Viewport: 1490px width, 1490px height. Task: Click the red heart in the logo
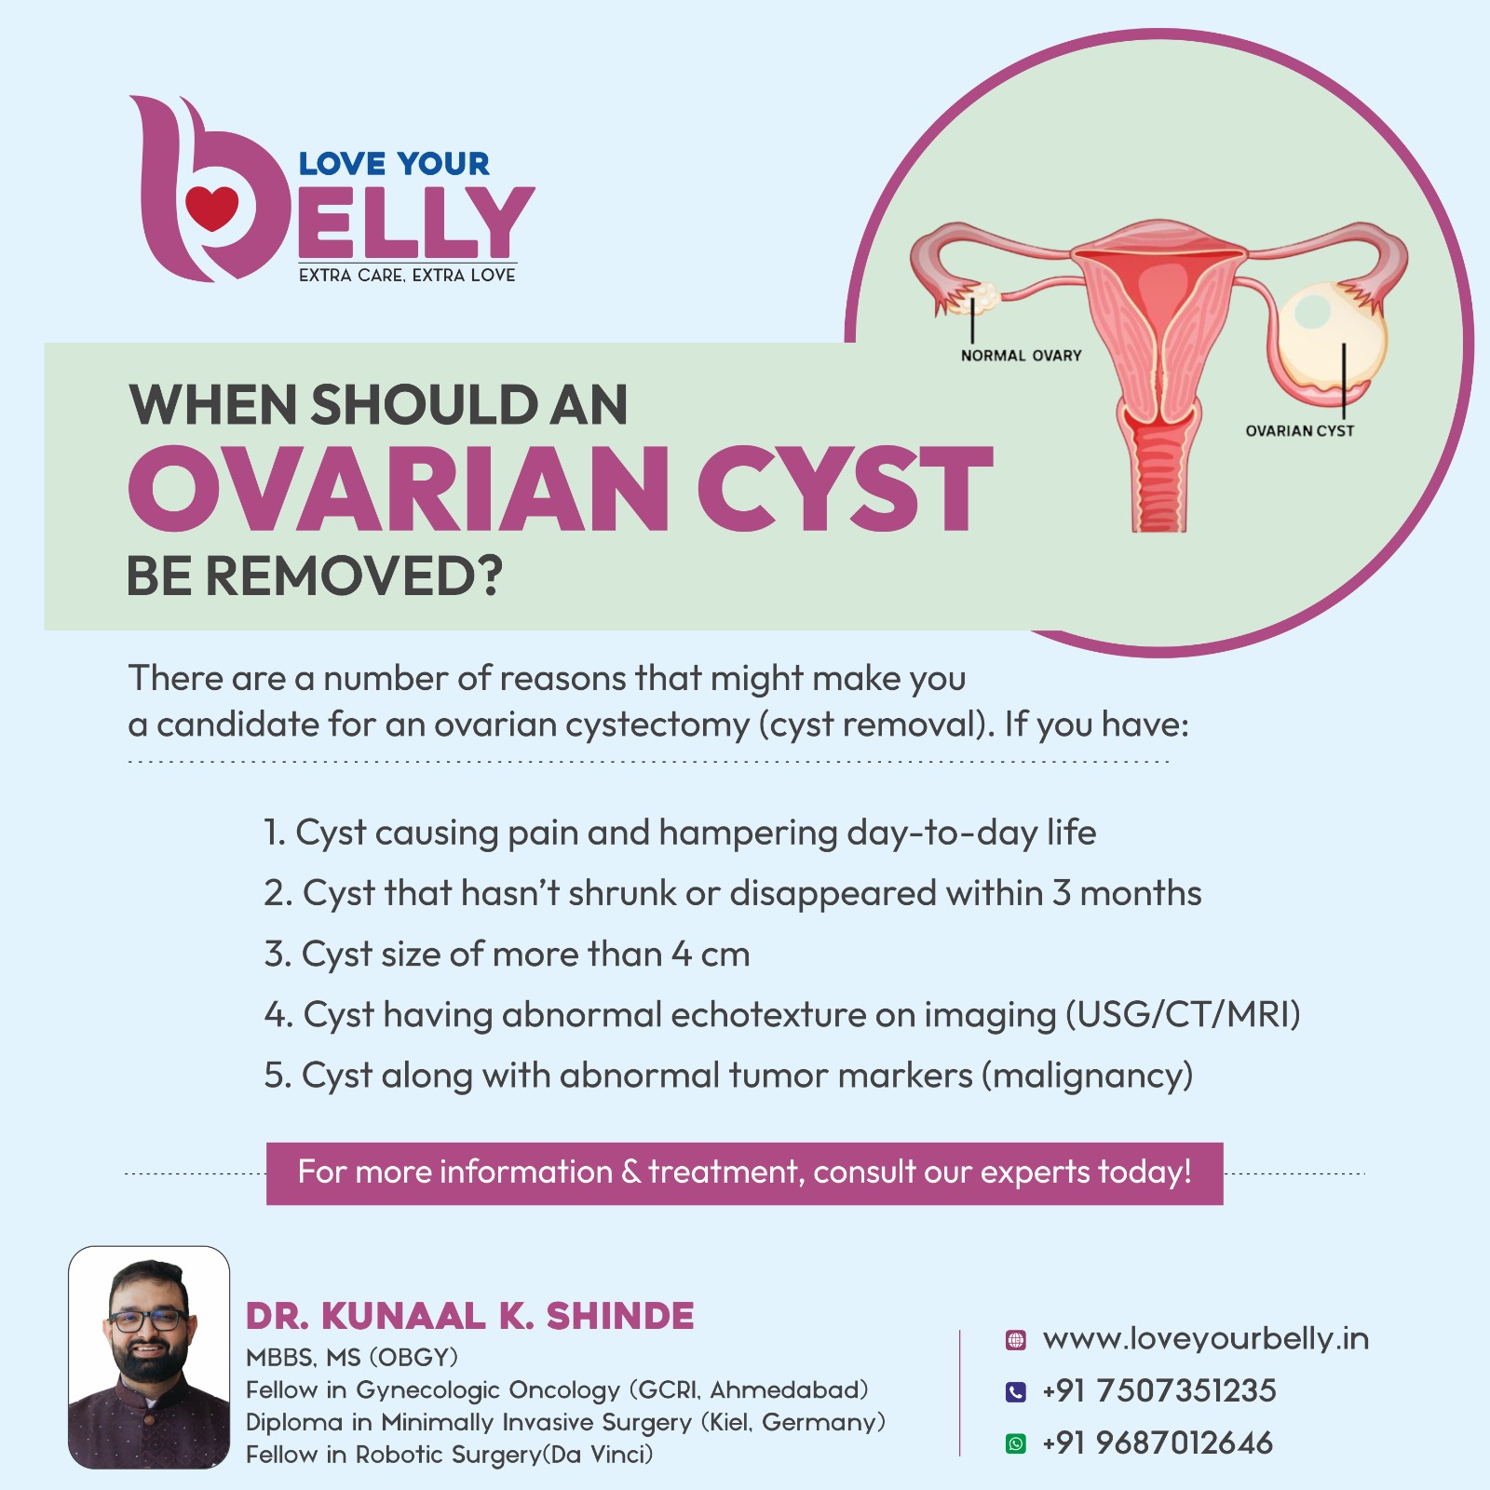[x=212, y=207]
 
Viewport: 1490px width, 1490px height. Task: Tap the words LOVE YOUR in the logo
[x=394, y=164]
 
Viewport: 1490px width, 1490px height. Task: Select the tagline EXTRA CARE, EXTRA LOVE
[x=407, y=275]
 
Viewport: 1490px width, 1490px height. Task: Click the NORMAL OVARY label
[x=1021, y=355]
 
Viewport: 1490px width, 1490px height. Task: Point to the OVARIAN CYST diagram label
[x=1300, y=430]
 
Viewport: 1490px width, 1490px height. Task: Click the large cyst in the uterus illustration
[x=1329, y=339]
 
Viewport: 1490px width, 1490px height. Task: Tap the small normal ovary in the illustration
[x=983, y=296]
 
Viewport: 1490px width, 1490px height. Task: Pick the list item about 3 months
[x=732, y=893]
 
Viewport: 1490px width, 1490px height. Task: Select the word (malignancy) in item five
[x=1087, y=1076]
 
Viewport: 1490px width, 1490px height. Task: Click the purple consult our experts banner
[x=744, y=1173]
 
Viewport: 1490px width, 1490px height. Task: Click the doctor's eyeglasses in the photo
[x=147, y=1320]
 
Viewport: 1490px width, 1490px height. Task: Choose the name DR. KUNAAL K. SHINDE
[x=470, y=1316]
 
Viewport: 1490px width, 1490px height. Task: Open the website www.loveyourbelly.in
[x=1206, y=1339]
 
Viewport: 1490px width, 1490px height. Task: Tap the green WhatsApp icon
[x=1016, y=1443]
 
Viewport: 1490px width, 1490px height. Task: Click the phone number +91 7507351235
[x=1159, y=1391]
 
